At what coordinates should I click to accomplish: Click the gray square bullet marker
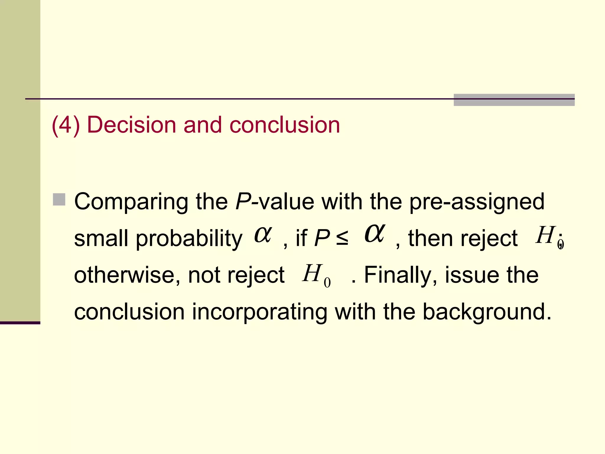point(59,200)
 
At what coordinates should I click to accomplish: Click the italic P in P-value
point(243,202)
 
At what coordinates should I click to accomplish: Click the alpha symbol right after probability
point(263,235)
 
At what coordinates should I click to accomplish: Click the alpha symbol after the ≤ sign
point(375,233)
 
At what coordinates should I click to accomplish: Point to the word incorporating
point(259,312)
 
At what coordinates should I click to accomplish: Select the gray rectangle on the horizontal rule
point(514,100)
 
